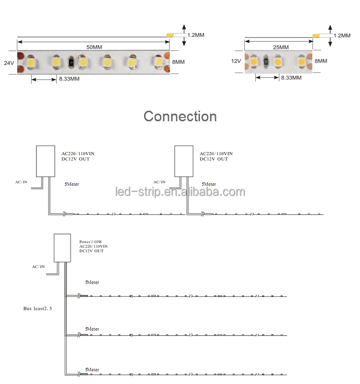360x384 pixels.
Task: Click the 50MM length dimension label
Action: coord(94,47)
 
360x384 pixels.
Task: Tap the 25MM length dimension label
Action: coord(281,47)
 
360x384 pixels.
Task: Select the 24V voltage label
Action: coord(9,63)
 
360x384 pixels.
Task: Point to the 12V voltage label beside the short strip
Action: coord(236,61)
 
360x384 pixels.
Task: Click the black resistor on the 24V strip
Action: coord(71,62)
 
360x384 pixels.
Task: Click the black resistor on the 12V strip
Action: coord(266,60)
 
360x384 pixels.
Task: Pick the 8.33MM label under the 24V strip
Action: coord(69,79)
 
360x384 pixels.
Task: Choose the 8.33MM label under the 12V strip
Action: coord(291,78)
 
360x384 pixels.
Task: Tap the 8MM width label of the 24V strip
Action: coord(178,62)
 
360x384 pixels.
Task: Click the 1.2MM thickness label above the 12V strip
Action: coord(342,35)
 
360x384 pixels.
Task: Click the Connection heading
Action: coord(180,116)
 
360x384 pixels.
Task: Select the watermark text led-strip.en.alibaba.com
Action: coord(180,192)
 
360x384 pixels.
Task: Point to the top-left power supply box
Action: coord(46,161)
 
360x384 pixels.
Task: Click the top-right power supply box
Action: coord(184,161)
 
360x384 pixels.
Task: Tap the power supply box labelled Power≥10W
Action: coord(62,248)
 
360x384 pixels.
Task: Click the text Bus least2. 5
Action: coord(38,309)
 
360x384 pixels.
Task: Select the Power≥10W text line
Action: coord(91,242)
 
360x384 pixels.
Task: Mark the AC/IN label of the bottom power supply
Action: coord(38,267)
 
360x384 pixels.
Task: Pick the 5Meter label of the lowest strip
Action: coord(92,370)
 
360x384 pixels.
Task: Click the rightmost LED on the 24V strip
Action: coord(159,61)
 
